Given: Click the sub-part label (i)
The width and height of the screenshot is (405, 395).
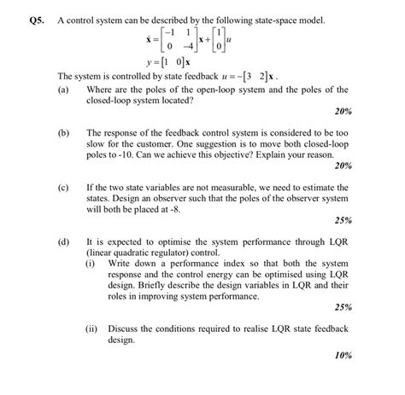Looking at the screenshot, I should tap(90, 264).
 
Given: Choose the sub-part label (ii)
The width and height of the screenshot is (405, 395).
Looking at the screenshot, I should tap(91, 327).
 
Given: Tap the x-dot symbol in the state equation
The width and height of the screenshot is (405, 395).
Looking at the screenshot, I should tap(150, 39).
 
